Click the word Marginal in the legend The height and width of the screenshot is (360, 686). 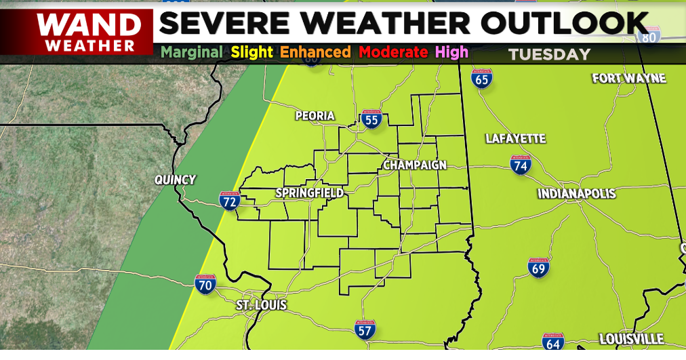click(x=192, y=52)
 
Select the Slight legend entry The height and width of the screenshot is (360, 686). click(x=251, y=52)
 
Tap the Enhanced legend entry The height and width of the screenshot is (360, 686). click(x=315, y=52)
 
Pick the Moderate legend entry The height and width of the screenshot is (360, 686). click(x=393, y=52)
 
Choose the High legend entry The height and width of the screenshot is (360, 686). click(x=451, y=52)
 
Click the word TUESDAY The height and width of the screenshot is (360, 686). click(x=550, y=55)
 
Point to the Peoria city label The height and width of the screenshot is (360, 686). click(x=315, y=116)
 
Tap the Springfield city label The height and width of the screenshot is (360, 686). click(x=309, y=193)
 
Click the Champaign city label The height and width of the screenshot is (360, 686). click(x=415, y=165)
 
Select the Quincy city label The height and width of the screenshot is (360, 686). click(x=175, y=180)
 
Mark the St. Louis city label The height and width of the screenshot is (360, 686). click(x=262, y=306)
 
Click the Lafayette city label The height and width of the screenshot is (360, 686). click(x=515, y=139)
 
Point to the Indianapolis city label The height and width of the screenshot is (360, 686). click(x=577, y=194)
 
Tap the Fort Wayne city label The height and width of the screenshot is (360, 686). click(x=629, y=79)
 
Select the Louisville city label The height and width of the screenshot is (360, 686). click(x=631, y=339)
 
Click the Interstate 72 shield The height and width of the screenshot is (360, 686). click(x=230, y=201)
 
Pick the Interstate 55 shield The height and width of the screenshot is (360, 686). click(x=371, y=120)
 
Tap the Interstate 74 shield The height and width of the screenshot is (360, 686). click(x=521, y=165)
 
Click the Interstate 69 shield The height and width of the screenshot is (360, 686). click(x=539, y=268)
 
